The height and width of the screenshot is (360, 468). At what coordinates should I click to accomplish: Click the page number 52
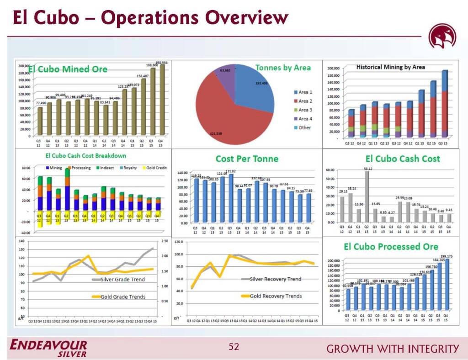click(x=234, y=347)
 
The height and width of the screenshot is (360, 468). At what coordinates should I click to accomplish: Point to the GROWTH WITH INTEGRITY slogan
click(x=393, y=349)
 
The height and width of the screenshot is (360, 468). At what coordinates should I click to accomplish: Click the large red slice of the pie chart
click(x=224, y=114)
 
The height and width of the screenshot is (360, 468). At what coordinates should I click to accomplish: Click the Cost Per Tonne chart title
click(x=247, y=159)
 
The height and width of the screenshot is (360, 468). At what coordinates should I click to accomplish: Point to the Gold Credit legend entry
click(x=156, y=168)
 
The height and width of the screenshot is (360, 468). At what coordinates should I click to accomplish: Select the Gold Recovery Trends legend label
click(x=276, y=296)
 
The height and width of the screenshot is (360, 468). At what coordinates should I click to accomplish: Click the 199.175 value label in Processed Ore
click(x=447, y=256)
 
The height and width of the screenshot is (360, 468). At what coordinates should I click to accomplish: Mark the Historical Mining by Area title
click(x=390, y=67)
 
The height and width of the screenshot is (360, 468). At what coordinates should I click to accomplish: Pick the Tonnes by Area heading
click(x=283, y=68)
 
